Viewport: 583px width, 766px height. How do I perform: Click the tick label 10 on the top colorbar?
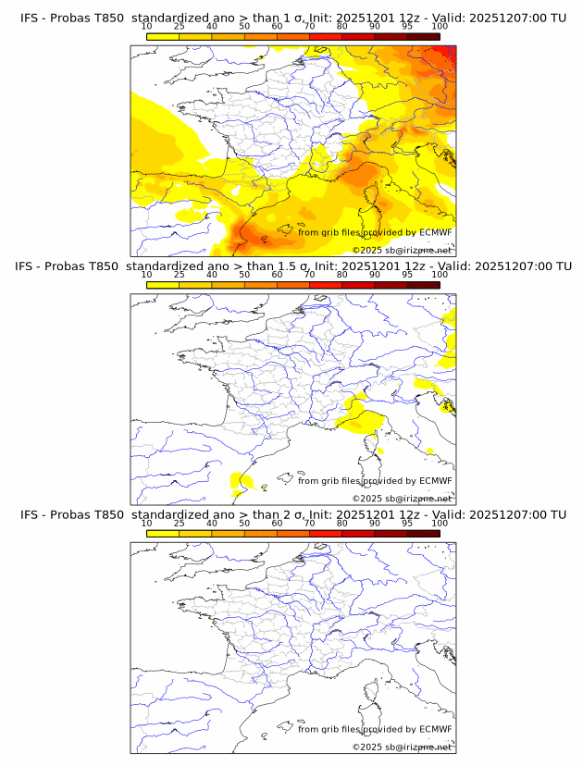pyautogui.click(x=146, y=27)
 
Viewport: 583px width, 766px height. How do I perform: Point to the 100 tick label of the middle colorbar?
pyautogui.click(x=440, y=275)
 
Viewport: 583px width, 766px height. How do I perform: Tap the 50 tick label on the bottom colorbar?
pyautogui.click(x=244, y=523)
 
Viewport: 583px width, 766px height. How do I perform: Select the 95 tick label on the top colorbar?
pyautogui.click(x=407, y=27)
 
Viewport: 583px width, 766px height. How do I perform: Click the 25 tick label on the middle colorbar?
pyautogui.click(x=180, y=275)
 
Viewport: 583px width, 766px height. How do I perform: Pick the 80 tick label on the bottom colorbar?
pyautogui.click(x=342, y=523)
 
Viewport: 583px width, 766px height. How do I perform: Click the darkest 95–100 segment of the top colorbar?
pyautogui.click(x=423, y=36)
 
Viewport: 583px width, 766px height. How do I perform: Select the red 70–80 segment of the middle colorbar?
pyautogui.click(x=326, y=285)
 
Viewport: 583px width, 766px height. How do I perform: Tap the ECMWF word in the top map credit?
pyautogui.click(x=436, y=232)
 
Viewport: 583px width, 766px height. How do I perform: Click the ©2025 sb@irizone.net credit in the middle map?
pyautogui.click(x=403, y=499)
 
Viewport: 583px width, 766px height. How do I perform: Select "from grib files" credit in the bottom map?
pyautogui.click(x=329, y=729)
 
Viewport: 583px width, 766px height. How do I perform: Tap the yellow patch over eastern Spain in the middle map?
pyautogui.click(x=241, y=479)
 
